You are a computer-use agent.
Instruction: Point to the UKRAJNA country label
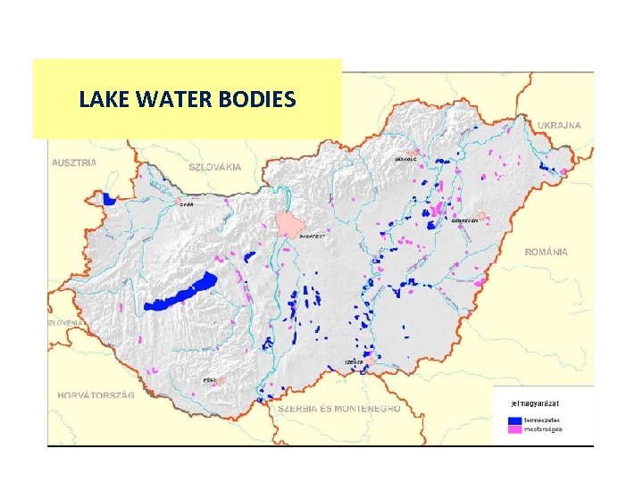click(x=559, y=126)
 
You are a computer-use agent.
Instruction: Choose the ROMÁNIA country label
click(x=546, y=253)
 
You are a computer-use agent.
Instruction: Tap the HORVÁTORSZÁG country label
click(x=95, y=395)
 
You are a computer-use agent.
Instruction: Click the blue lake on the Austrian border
click(x=111, y=199)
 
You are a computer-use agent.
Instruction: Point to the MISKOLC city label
click(x=405, y=160)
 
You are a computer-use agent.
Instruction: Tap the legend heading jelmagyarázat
click(x=536, y=403)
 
